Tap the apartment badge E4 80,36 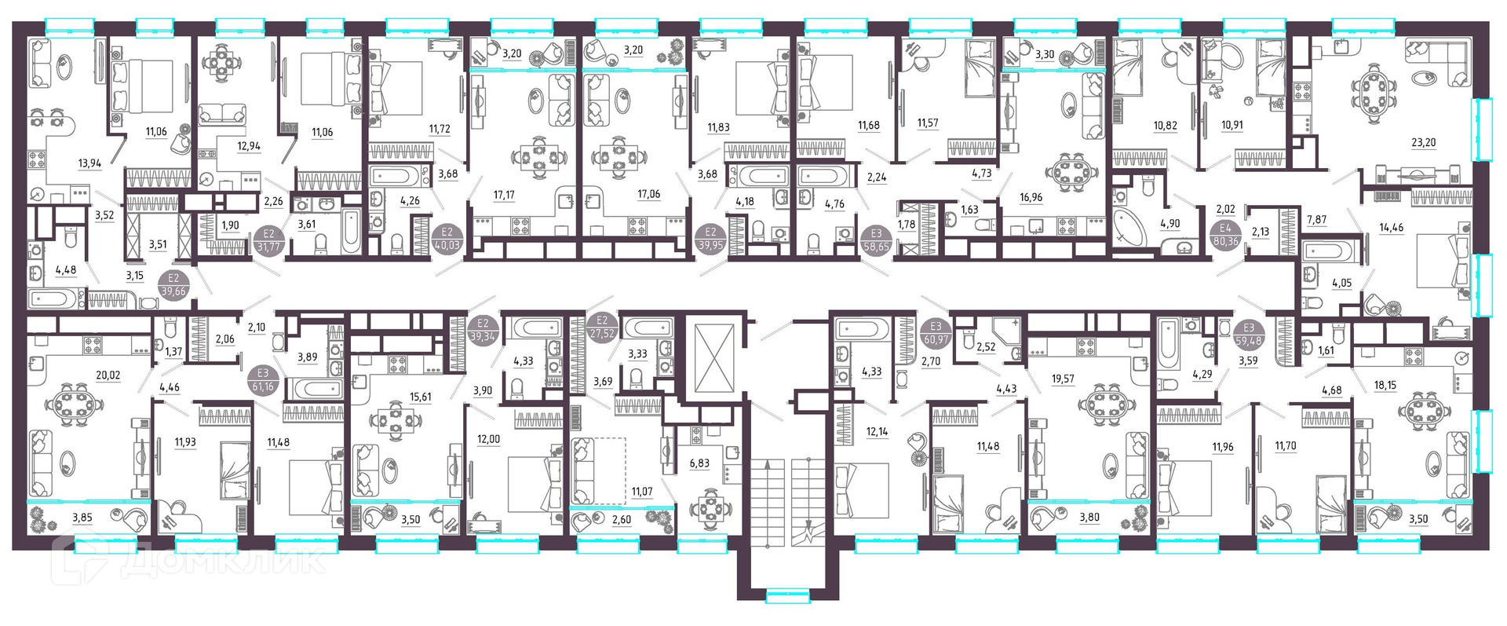(x=1225, y=235)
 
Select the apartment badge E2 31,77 (x=269, y=240)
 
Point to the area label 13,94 (x=90, y=163)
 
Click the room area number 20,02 (x=108, y=375)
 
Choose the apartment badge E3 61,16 (x=263, y=380)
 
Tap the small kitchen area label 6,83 (x=699, y=463)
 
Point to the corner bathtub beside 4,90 (x=1129, y=229)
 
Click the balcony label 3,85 (x=82, y=518)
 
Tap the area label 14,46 (x=1392, y=228)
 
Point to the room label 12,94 (x=248, y=146)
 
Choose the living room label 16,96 (x=1031, y=197)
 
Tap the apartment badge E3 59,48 (x=1249, y=335)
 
